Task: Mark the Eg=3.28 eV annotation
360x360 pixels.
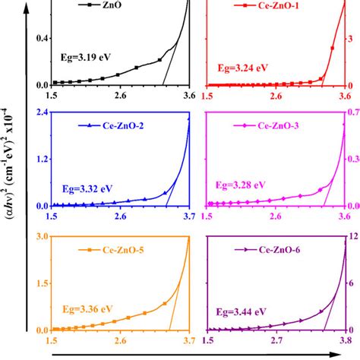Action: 241,184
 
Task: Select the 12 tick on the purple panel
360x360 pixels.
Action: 352,237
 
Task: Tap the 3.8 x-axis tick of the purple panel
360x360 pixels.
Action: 344,341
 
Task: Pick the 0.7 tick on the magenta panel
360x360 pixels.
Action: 354,113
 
